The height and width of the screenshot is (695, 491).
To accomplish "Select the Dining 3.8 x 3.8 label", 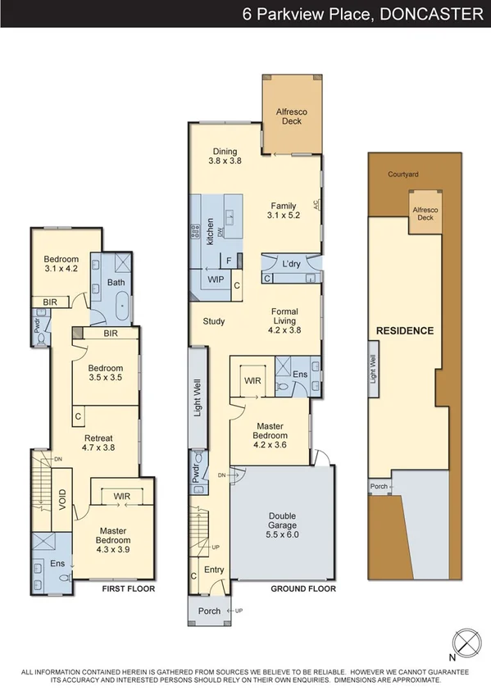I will coord(225,157).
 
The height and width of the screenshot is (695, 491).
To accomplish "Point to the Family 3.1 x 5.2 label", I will coord(284,210).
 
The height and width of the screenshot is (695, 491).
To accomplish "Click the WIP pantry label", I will coord(216,279).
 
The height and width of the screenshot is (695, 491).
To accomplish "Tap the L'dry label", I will coord(290,265).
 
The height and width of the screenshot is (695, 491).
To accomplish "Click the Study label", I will coord(214,321).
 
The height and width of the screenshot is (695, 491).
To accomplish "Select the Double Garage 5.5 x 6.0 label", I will coord(282,521).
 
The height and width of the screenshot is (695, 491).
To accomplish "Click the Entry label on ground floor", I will coord(214,570).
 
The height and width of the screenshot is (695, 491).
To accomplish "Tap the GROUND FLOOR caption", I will coord(303,588).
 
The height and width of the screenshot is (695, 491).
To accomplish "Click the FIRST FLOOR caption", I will coord(129,588).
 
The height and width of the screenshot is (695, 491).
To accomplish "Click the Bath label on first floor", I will coord(116,283).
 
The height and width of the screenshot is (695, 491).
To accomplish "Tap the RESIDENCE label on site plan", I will coord(404,330).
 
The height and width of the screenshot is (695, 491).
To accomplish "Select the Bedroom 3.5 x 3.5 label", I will coord(105,374).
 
